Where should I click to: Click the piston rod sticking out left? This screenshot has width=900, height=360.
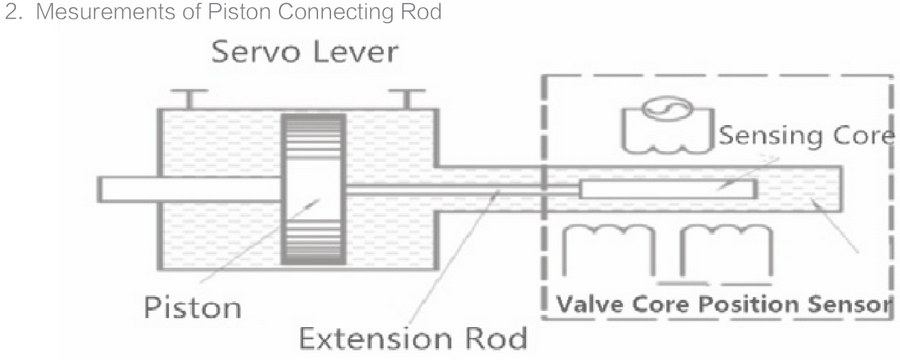point(130,188)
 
